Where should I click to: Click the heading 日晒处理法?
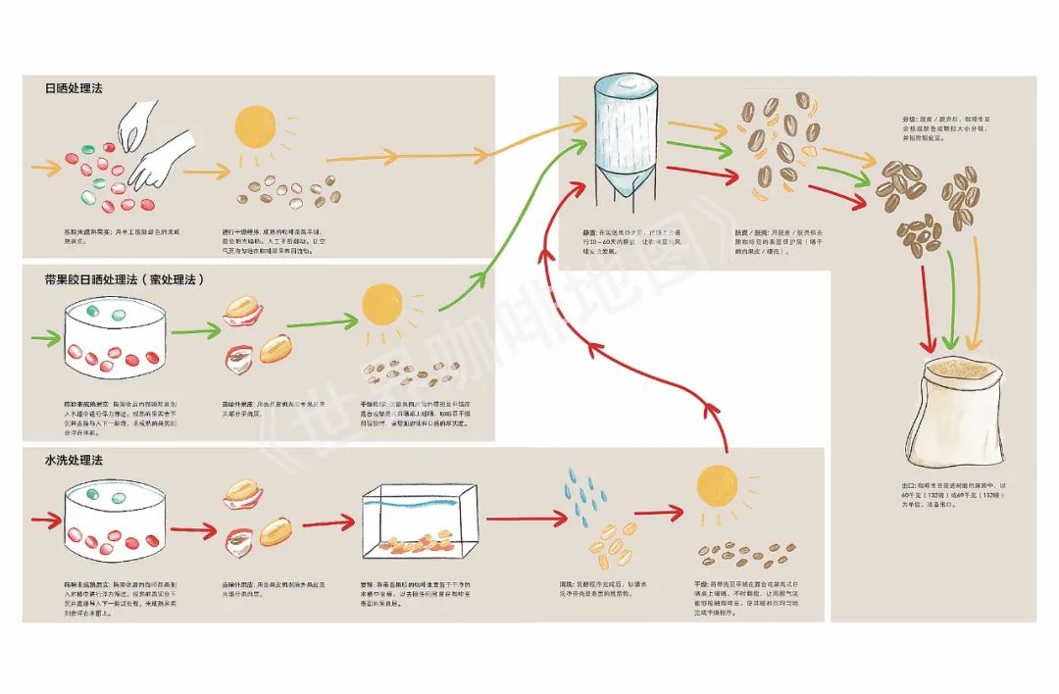[74, 88]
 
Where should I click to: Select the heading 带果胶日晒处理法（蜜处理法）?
[124, 279]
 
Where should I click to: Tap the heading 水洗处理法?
[74, 459]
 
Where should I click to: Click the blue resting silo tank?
[624, 137]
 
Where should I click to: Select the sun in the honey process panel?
[383, 306]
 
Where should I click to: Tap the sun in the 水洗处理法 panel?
[717, 486]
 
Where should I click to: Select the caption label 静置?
[589, 231]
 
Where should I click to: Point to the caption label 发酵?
[366, 586]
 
